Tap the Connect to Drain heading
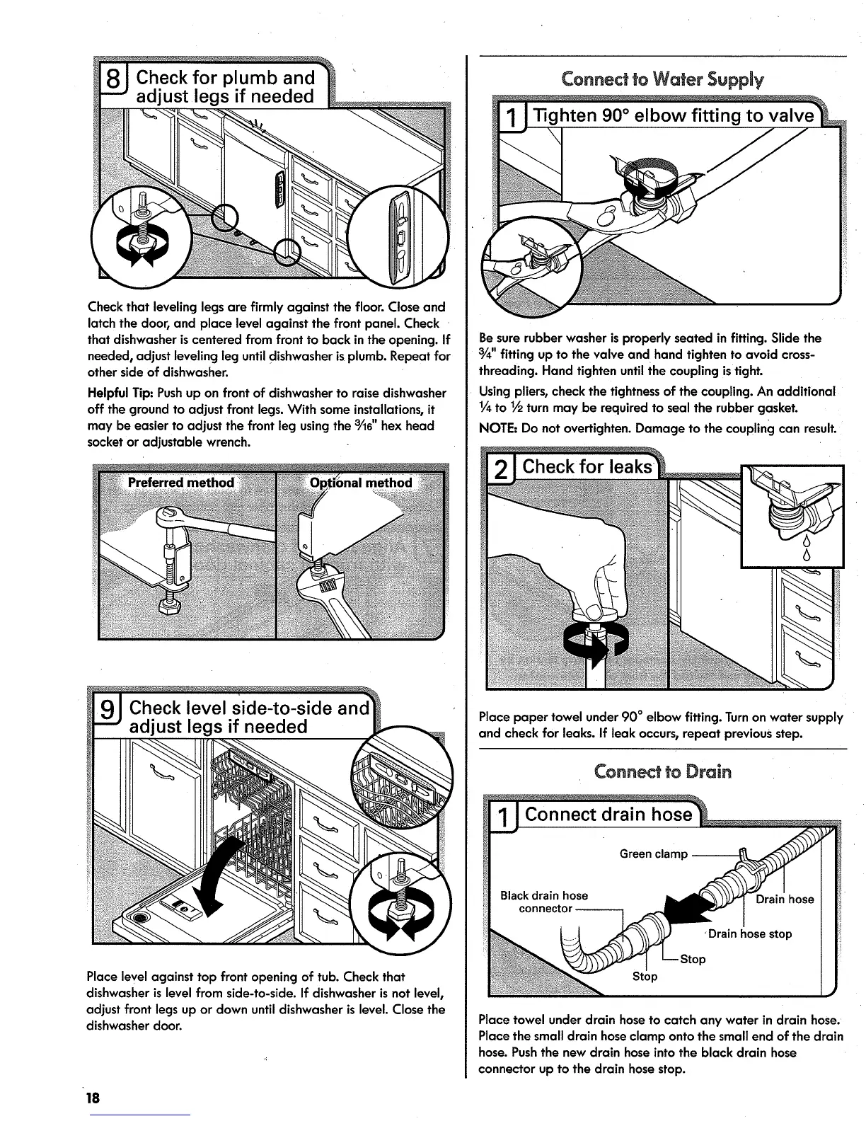[663, 771]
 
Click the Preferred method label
[181, 483]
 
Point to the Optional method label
[361, 483]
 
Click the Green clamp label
[653, 854]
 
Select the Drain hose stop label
[749, 933]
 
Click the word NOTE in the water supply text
[496, 429]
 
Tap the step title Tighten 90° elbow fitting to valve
[672, 115]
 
